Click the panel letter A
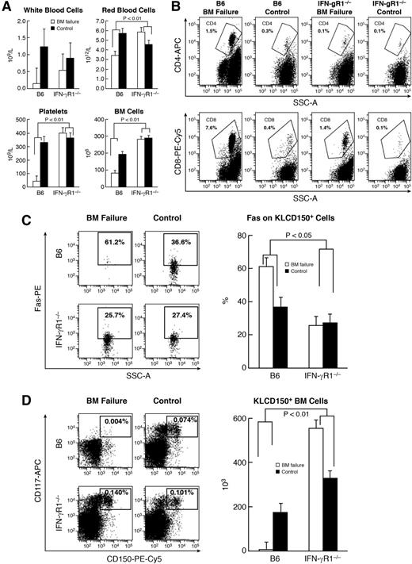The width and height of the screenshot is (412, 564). (6, 7)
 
